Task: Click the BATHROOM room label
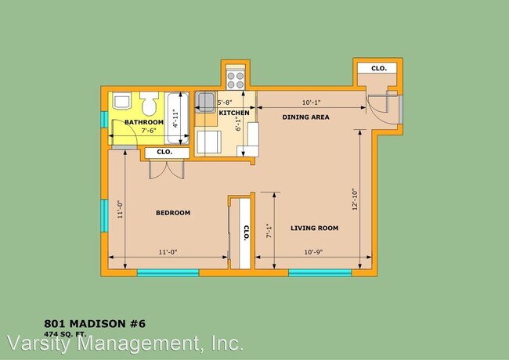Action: point(144,123)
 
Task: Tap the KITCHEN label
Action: point(234,113)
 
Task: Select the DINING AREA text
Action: point(306,117)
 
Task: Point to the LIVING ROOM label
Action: point(314,229)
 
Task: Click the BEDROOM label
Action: point(173,213)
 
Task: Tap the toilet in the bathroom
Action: point(150,104)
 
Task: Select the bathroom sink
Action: point(121,103)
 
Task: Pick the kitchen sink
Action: point(205,101)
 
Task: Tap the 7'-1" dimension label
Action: point(269,230)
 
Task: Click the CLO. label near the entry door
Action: point(379,69)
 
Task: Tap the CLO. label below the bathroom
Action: point(164,152)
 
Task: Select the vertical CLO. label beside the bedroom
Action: point(245,232)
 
